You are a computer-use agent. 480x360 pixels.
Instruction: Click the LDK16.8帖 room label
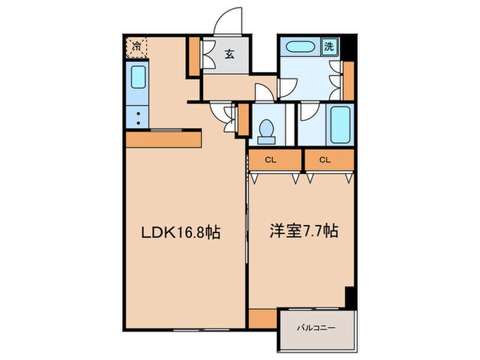pyautogui.click(x=181, y=233)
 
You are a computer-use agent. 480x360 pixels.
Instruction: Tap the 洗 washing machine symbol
pyautogui.click(x=329, y=48)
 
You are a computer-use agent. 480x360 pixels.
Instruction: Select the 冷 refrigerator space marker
pyautogui.click(x=136, y=47)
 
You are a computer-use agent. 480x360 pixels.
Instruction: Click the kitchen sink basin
pyautogui.click(x=138, y=84)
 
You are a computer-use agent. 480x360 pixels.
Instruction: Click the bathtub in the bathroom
pyautogui.click(x=339, y=123)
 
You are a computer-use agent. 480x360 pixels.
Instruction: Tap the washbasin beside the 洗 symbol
pyautogui.click(x=301, y=49)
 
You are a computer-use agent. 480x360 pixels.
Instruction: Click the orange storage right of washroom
pyautogui.click(x=348, y=80)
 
